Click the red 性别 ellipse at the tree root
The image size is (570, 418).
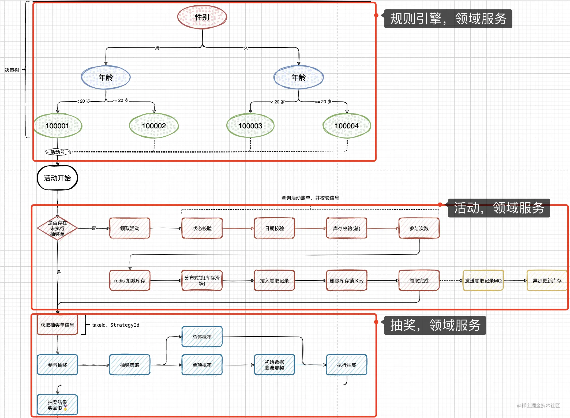(x=202, y=17)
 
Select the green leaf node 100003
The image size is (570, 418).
(x=250, y=126)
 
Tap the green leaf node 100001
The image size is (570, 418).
(x=58, y=126)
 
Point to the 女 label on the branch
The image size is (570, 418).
(x=245, y=48)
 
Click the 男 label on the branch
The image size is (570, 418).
(x=157, y=48)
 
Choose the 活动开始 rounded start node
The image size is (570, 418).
(x=57, y=178)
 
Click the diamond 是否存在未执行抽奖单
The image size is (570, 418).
(x=57, y=228)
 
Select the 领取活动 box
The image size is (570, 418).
(x=130, y=228)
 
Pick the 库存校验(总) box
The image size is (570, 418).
(x=347, y=228)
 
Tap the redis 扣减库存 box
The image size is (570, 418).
(x=130, y=281)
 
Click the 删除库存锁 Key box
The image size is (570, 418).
(x=347, y=281)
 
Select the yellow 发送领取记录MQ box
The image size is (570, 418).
(x=483, y=281)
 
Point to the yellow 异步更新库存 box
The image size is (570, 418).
(x=547, y=281)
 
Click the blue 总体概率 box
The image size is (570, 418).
(x=202, y=337)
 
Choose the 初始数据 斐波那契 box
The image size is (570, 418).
(x=274, y=365)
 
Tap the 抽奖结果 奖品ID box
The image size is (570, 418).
(x=57, y=405)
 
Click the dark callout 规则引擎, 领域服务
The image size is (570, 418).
(x=448, y=19)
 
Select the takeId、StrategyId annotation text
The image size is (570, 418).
(x=116, y=325)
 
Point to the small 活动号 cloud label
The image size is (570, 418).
(x=58, y=152)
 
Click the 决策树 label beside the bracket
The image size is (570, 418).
(x=12, y=70)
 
